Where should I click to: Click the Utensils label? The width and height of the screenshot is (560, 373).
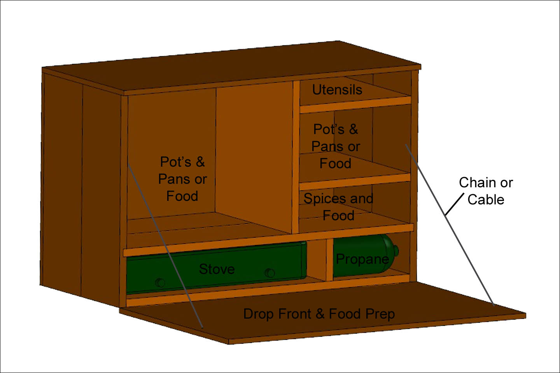click(337, 90)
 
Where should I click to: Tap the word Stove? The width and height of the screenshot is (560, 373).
click(217, 269)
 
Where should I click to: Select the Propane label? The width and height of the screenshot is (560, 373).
click(362, 259)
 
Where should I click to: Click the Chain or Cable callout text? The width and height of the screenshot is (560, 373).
click(486, 191)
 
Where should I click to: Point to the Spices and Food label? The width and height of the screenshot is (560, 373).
click(338, 207)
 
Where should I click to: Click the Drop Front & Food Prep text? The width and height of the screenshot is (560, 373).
click(319, 314)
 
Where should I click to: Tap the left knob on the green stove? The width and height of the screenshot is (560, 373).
click(159, 282)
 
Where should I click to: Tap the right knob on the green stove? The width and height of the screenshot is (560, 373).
click(269, 273)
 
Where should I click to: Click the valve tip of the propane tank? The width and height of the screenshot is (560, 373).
click(396, 250)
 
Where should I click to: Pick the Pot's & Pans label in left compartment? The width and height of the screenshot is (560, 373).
click(182, 179)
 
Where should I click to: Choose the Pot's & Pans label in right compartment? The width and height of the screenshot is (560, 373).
click(336, 146)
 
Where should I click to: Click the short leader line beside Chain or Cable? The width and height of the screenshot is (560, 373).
click(454, 204)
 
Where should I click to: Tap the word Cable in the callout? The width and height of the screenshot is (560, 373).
click(486, 200)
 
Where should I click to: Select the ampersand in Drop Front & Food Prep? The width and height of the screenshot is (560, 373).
click(320, 314)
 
